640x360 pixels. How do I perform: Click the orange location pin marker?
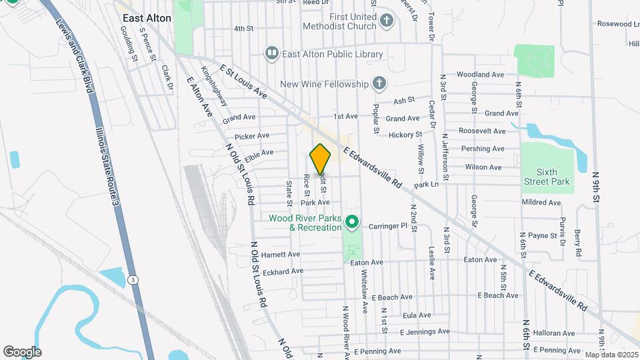pos(321,159)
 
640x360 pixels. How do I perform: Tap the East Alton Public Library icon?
pos(271,53)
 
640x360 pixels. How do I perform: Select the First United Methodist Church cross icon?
pos(386,21)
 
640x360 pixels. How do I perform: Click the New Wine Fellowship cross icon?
pos(379,84)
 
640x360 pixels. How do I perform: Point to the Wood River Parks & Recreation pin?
pos(352,221)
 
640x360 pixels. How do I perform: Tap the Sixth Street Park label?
pos(547,177)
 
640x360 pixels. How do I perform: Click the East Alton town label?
pos(147,18)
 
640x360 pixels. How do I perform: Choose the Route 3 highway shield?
pos(134,280)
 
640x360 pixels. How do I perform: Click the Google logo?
pos(22,352)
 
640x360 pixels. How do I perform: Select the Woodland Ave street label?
pos(480,75)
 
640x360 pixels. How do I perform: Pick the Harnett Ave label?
pos(281,255)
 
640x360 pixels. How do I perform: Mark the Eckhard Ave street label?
pos(283,271)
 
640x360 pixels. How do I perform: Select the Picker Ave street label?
pos(251,136)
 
